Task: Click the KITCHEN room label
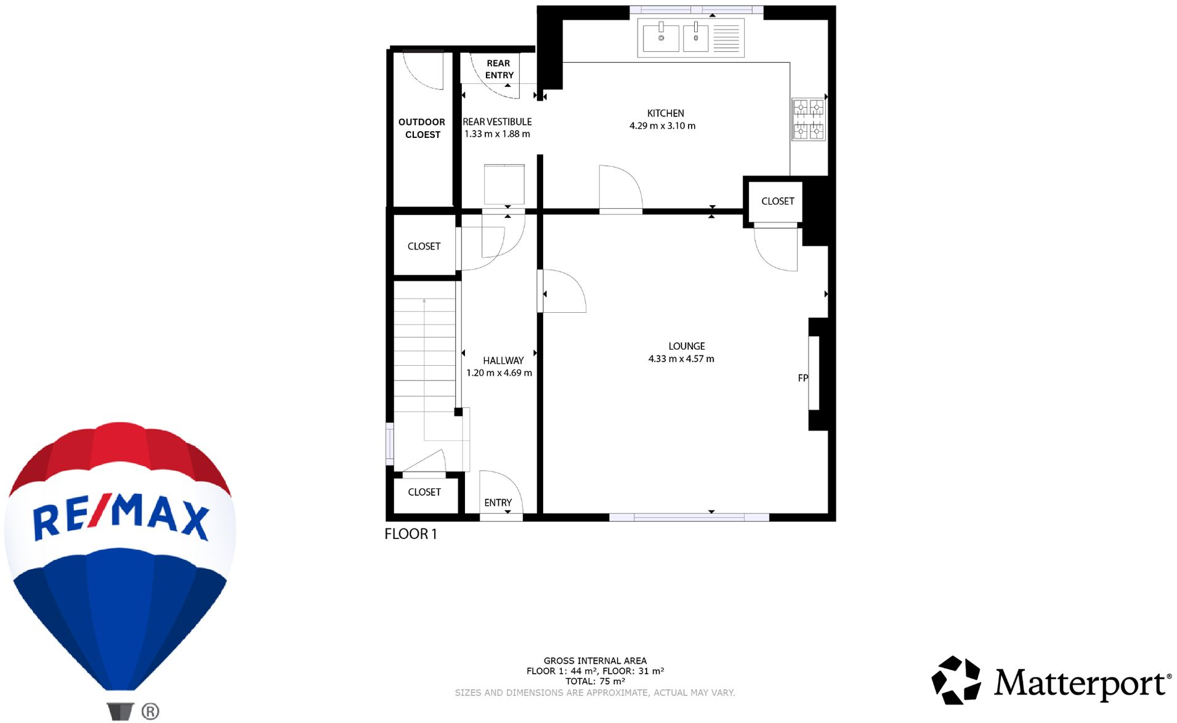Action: (665, 113)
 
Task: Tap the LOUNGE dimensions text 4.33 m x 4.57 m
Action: (681, 359)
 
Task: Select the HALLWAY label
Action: (503, 361)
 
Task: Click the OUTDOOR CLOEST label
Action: (422, 128)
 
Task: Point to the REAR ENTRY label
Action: (499, 69)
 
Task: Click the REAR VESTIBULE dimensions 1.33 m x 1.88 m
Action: (497, 134)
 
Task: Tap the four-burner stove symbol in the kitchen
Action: (808, 119)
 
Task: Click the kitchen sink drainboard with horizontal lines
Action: (726, 38)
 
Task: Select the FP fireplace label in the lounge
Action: (803, 378)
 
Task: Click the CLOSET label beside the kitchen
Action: (777, 201)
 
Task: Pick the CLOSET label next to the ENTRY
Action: (424, 492)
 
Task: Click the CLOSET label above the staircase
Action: (424, 246)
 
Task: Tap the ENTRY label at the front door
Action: (498, 503)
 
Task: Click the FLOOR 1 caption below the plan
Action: (411, 534)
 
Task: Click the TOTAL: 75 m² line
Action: (595, 681)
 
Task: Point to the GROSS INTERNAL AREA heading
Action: (595, 661)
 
